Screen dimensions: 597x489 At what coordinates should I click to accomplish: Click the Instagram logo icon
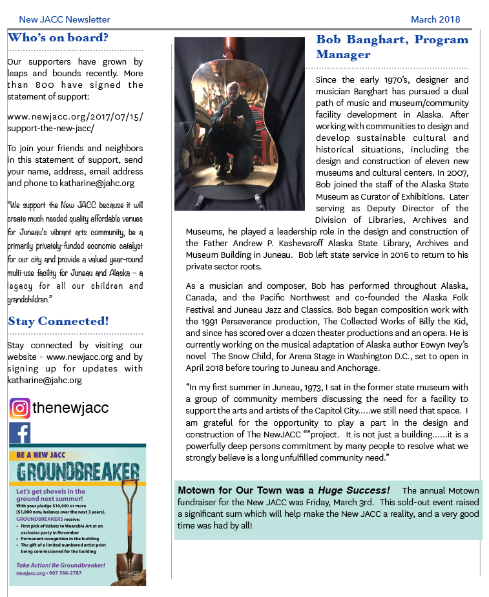20,408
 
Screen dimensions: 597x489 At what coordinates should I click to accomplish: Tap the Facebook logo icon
20,433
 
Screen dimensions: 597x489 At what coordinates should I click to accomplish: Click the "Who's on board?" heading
57,37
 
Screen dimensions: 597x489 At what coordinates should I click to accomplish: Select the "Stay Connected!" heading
58,321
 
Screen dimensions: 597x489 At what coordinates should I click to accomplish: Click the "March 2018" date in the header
435,19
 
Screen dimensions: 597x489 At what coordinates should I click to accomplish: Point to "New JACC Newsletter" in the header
65,19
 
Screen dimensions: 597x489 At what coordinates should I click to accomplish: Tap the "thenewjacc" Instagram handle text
70,408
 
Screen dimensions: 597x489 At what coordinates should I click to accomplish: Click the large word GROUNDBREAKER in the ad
78,471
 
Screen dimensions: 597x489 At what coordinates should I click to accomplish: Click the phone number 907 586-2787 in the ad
63,572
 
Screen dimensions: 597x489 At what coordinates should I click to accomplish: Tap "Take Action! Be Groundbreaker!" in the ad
61,565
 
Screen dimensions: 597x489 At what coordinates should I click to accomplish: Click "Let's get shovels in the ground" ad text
52,495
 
